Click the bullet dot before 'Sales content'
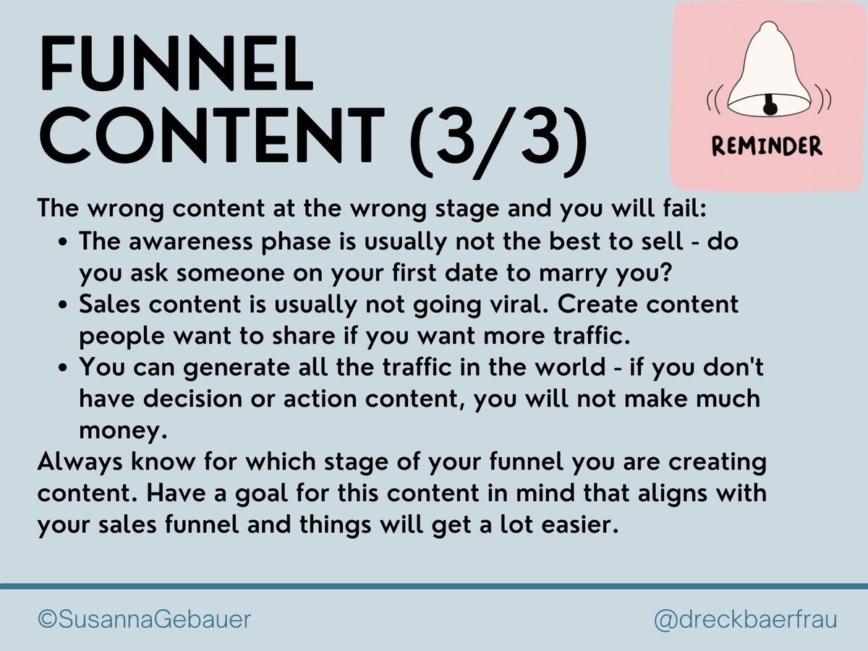click(x=65, y=305)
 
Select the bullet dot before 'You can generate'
click(x=65, y=367)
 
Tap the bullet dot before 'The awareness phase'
click(x=65, y=242)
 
